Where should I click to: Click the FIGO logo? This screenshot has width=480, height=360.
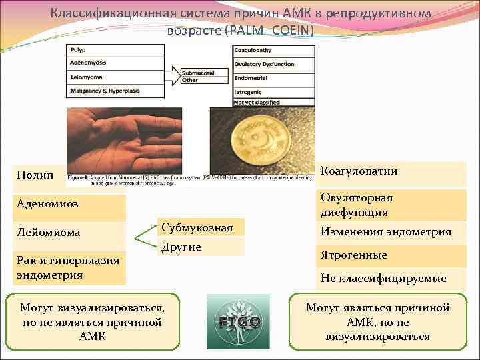coord(239,321)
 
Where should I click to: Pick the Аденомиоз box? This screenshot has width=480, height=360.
coord(63,204)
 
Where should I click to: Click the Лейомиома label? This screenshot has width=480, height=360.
coord(63,233)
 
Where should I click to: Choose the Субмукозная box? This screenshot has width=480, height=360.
coord(198,228)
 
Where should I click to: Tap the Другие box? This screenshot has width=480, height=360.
coord(198,247)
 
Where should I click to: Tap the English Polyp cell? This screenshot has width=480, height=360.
coord(115,50)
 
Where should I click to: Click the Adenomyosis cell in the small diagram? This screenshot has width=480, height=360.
coord(115,63)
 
